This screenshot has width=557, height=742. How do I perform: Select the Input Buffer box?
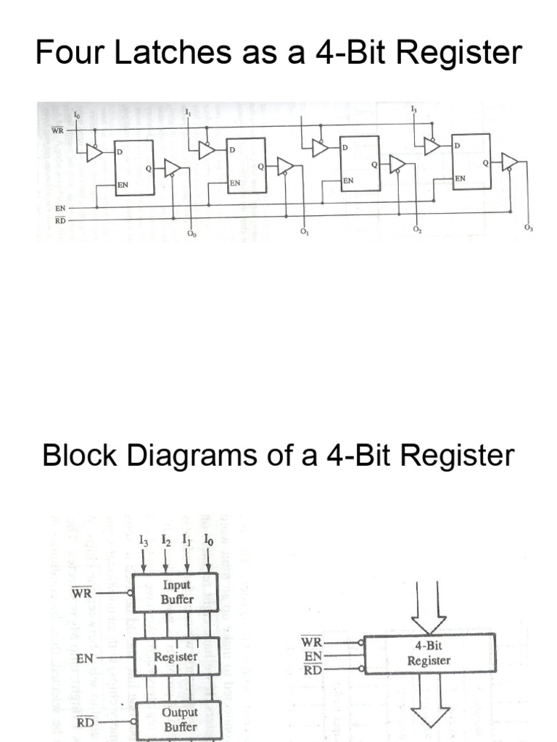176,591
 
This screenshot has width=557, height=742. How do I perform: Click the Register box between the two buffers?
176,656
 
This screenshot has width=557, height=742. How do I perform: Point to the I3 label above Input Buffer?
144,541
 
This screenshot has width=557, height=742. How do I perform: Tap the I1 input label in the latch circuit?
188,113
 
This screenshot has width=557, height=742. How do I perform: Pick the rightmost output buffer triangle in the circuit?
509,161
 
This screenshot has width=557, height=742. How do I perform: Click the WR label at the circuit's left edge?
57,130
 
